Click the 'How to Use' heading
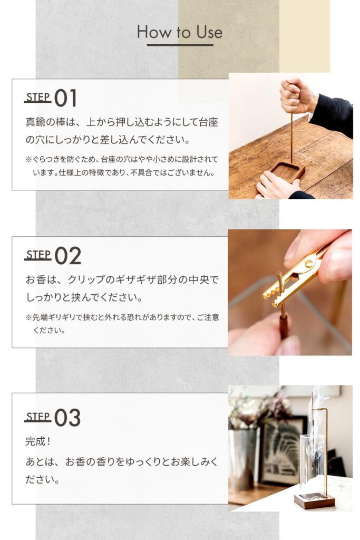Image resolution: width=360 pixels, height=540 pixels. point(180,32)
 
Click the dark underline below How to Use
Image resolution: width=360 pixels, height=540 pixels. point(180,45)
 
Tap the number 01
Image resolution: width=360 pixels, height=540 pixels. point(65,98)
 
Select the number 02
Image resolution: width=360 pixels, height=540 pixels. point(68,256)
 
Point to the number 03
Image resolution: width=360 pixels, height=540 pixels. point(67,418)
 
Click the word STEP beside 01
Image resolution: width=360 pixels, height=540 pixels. point(38,98)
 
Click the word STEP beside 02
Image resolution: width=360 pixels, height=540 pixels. point(38,255)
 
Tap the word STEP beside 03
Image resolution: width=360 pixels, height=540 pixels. point(38,417)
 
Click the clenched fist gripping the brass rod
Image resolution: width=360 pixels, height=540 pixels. point(296,95)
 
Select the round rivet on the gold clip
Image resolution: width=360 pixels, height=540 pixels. point(309,264)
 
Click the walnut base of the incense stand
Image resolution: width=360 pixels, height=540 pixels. point(314,500)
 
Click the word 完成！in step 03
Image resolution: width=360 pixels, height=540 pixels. point(38,441)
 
